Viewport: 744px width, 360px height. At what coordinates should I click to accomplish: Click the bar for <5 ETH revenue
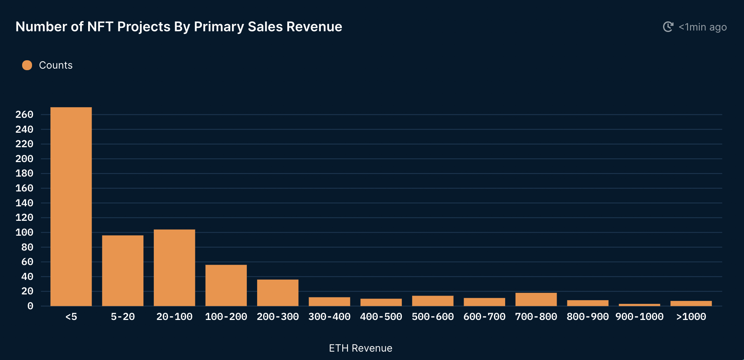pyautogui.click(x=71, y=206)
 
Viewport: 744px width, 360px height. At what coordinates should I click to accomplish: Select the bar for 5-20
pyautogui.click(x=122, y=270)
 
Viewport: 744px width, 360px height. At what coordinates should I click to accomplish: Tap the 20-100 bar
pyautogui.click(x=174, y=267)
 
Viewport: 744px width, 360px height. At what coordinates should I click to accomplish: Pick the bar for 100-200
pyautogui.click(x=226, y=285)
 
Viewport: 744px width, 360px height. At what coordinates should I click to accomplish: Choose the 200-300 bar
pyautogui.click(x=278, y=292)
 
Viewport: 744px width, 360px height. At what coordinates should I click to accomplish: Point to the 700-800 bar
pyautogui.click(x=536, y=299)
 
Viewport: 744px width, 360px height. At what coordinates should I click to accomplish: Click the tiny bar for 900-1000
pyautogui.click(x=639, y=305)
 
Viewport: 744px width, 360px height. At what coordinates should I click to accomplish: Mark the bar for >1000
pyautogui.click(x=691, y=303)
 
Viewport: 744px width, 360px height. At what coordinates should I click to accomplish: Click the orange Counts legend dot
pyautogui.click(x=27, y=65)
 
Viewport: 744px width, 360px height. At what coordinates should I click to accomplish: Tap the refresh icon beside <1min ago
pyautogui.click(x=668, y=27)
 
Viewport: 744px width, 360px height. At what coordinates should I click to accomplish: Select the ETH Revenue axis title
pyautogui.click(x=361, y=348)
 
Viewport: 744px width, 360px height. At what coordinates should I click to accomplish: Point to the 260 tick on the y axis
pyautogui.click(x=24, y=114)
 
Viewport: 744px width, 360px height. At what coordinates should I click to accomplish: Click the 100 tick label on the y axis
pyautogui.click(x=24, y=232)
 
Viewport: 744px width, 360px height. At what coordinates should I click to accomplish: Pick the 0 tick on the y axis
pyautogui.click(x=30, y=306)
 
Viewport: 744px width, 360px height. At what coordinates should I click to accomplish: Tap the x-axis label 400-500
pyautogui.click(x=381, y=317)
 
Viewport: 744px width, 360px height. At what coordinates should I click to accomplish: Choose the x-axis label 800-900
pyautogui.click(x=588, y=317)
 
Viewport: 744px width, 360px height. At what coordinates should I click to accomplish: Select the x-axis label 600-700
pyautogui.click(x=484, y=317)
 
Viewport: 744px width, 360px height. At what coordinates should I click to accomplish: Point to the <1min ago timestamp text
pyautogui.click(x=702, y=27)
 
